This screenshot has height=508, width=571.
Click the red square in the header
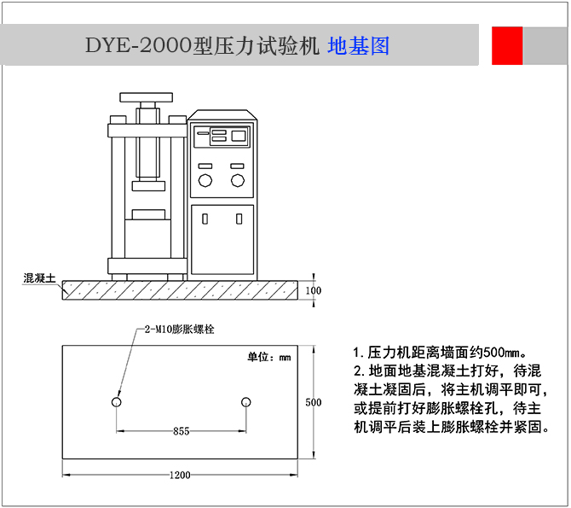(507, 45)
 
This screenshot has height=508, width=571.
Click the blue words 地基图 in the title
(358, 46)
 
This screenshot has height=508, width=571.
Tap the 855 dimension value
(181, 431)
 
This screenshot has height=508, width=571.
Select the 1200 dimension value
(180, 475)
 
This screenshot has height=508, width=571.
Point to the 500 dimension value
(313, 402)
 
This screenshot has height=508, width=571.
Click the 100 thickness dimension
(313, 290)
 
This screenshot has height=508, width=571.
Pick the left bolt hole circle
(116, 402)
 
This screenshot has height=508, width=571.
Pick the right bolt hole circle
(245, 402)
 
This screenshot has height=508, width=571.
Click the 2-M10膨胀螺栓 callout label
(179, 330)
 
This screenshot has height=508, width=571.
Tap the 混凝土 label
(39, 278)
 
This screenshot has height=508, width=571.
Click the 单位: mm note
(269, 357)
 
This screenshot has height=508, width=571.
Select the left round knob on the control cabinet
(205, 180)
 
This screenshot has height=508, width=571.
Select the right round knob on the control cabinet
(238, 180)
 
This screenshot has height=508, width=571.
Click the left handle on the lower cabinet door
(205, 219)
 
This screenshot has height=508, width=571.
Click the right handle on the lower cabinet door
(239, 219)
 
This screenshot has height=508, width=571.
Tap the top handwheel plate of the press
(146, 97)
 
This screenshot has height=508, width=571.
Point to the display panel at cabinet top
(222, 137)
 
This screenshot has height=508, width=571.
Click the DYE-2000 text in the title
(139, 46)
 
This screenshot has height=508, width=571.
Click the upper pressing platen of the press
(148, 186)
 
